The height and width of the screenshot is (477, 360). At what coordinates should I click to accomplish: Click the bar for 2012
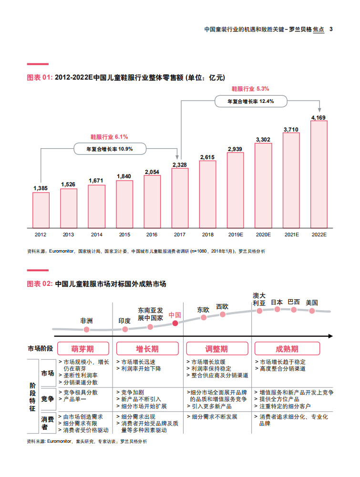[41, 210]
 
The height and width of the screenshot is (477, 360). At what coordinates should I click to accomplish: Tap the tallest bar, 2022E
[319, 174]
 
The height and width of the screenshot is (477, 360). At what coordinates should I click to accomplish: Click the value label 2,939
[235, 149]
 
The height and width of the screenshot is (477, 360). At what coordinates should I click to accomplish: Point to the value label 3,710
[291, 129]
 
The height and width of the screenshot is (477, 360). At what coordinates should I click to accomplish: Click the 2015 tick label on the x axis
[124, 234]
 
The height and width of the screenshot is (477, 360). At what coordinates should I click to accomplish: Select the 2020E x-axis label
[263, 234]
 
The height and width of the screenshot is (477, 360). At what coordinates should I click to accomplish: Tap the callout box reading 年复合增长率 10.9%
[109, 149]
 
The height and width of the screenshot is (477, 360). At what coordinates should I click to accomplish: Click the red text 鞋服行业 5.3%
[250, 89]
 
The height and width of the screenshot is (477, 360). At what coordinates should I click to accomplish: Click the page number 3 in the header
[331, 29]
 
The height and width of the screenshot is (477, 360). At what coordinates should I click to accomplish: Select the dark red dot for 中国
[175, 323]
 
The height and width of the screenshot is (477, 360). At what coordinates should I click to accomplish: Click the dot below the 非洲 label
[86, 329]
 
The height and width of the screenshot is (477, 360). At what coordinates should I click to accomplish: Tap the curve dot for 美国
[312, 311]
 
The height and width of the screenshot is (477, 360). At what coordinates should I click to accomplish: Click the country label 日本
[277, 302]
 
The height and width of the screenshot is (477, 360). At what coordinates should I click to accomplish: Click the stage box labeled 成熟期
[287, 349]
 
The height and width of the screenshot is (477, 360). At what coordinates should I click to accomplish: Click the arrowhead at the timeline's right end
[330, 336]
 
